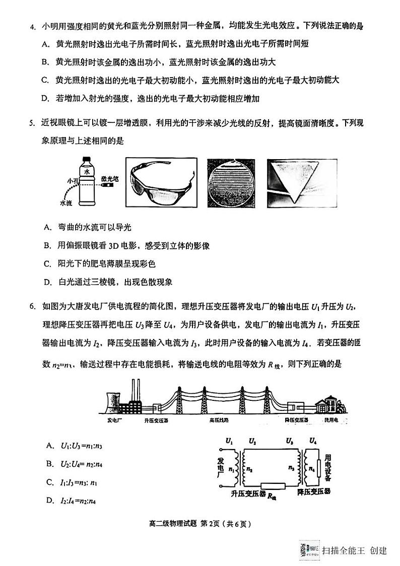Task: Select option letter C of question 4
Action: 45,80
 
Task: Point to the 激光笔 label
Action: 109,178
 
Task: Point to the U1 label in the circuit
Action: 229,441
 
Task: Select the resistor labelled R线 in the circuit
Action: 272,486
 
